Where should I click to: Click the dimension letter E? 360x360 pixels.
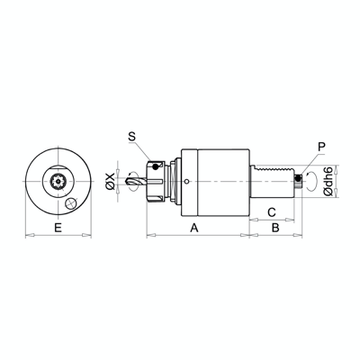(58, 229)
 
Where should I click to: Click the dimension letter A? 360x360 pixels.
(193, 229)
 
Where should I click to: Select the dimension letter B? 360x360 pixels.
(275, 229)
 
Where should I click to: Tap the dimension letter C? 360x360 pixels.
(271, 211)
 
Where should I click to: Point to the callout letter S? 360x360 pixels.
(131, 137)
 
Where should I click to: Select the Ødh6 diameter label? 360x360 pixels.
(330, 181)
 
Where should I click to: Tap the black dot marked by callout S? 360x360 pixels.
(156, 164)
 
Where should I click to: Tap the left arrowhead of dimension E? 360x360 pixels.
(26, 237)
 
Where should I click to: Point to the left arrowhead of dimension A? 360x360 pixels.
(148, 237)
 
